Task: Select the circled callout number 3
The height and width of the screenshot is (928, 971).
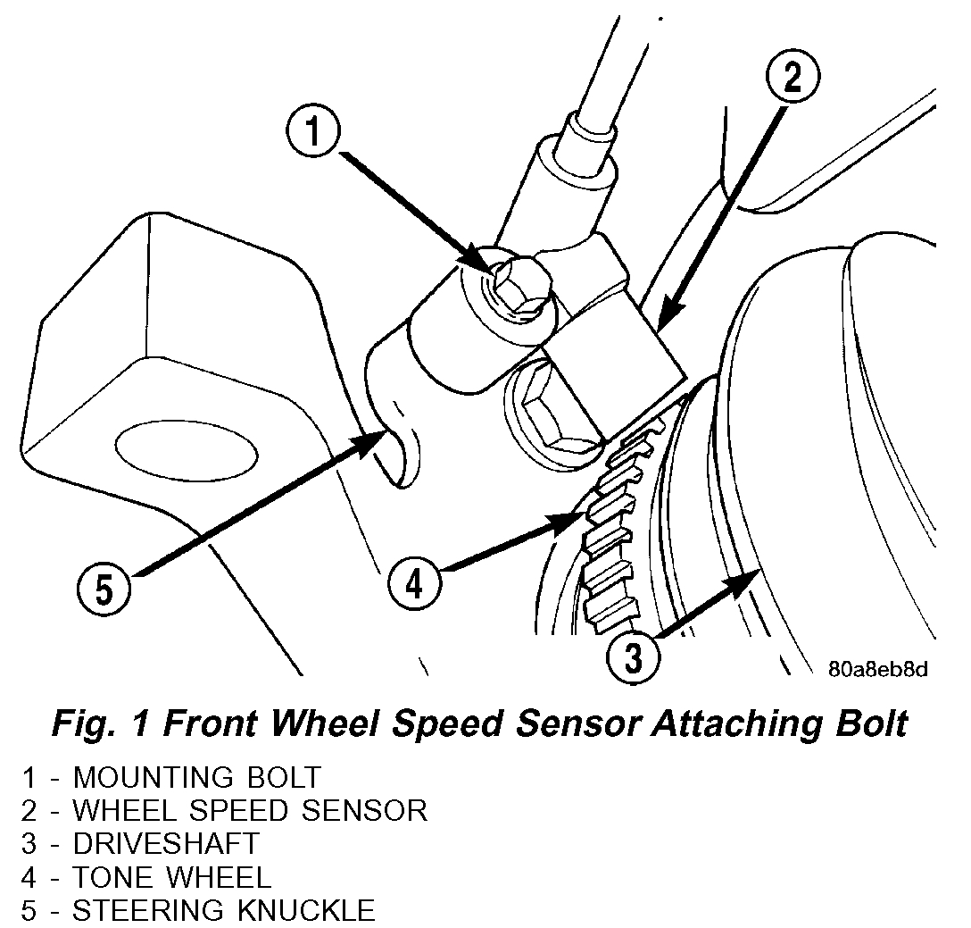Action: coord(633,658)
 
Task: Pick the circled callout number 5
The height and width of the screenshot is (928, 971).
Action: coord(105,589)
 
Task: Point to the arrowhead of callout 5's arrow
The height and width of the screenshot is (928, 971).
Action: coord(380,439)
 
